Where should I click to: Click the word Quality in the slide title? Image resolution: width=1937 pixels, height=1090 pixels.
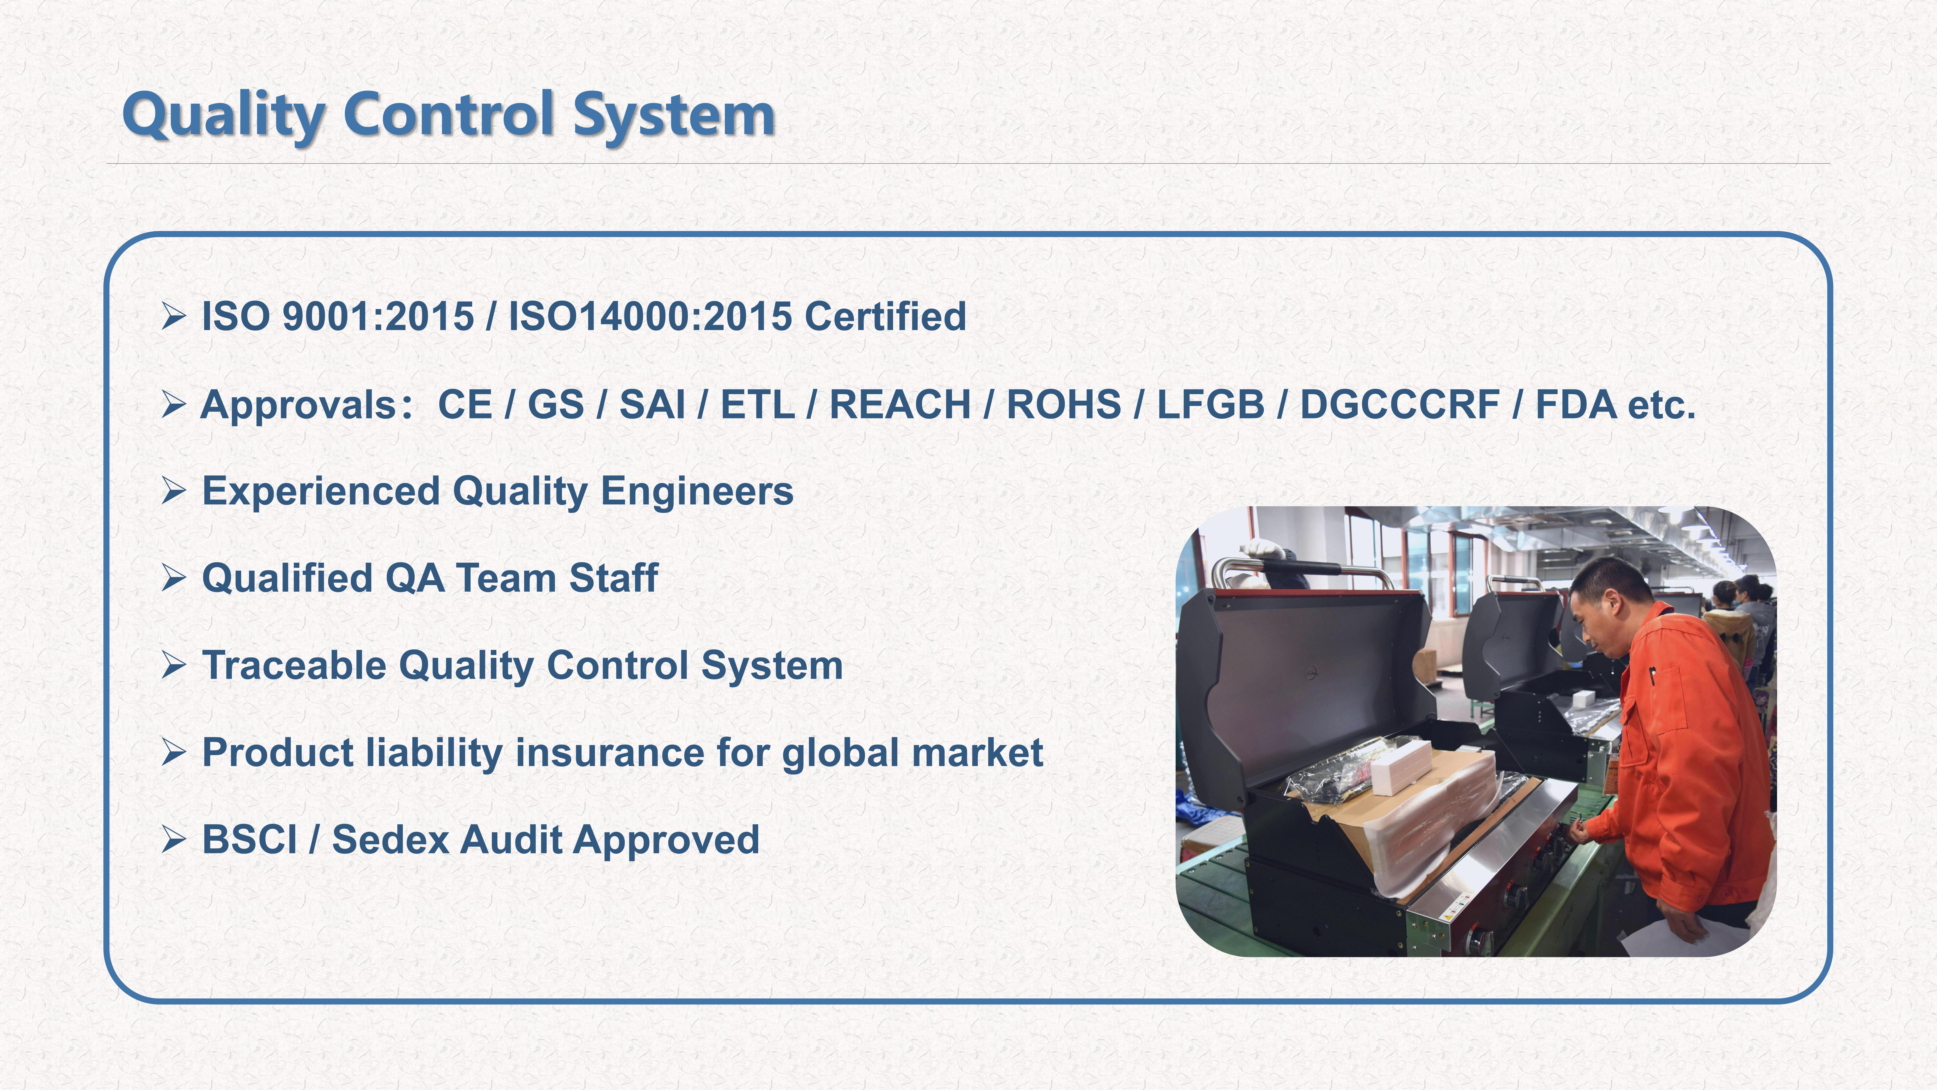(223, 115)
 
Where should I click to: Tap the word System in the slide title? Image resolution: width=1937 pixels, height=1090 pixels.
(674, 115)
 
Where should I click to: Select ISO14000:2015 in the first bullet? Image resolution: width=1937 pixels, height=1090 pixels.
(650, 316)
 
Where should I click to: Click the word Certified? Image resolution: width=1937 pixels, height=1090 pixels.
(885, 316)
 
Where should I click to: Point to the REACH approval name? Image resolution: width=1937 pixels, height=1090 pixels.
(900, 405)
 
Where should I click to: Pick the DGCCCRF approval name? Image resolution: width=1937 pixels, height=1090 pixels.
(1400, 405)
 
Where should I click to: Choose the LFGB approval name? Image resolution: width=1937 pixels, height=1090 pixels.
(1211, 405)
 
